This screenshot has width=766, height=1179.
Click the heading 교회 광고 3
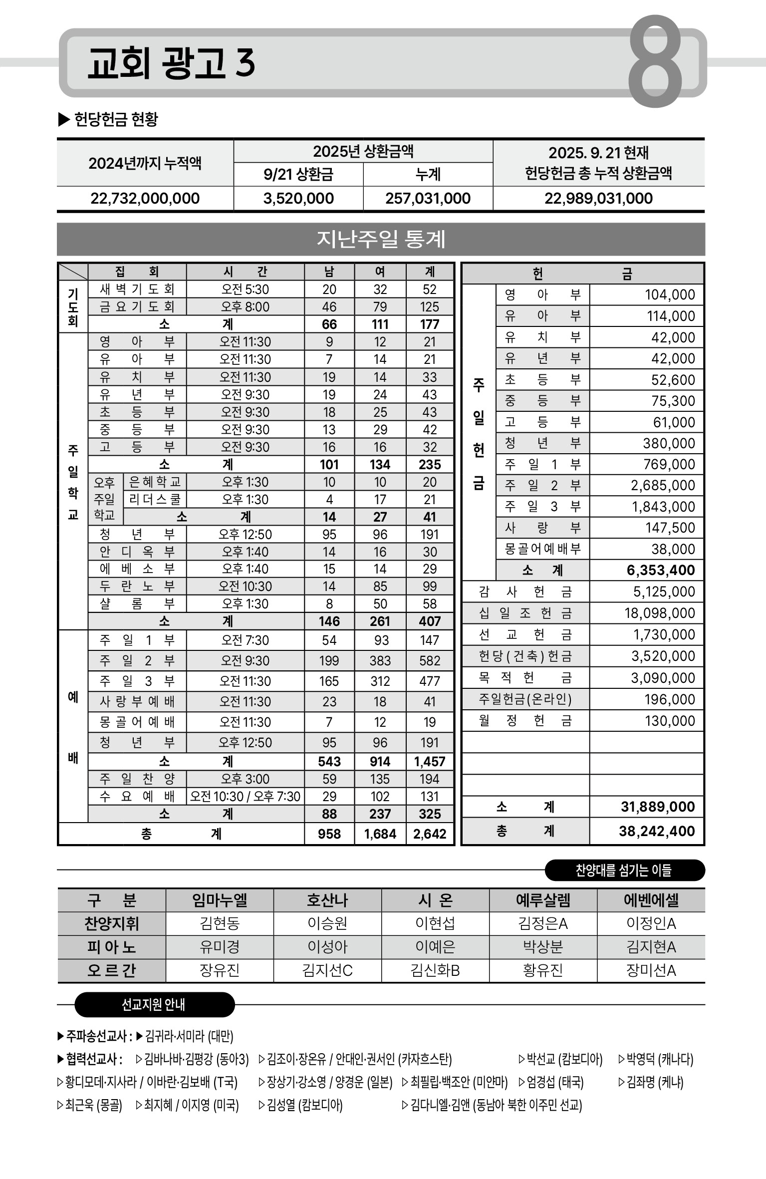click(x=171, y=63)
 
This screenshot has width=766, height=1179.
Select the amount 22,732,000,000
click(x=145, y=199)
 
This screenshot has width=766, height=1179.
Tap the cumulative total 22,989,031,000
click(x=598, y=199)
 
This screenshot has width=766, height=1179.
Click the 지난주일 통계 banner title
click(x=381, y=240)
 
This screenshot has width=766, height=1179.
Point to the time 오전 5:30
click(x=245, y=290)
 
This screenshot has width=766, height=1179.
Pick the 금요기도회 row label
click(x=137, y=307)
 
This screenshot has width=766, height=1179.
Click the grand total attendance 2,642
click(x=430, y=834)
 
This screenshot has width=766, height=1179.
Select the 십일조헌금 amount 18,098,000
click(x=660, y=613)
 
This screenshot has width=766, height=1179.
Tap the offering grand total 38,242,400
click(x=657, y=831)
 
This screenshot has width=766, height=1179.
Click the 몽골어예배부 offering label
click(x=542, y=549)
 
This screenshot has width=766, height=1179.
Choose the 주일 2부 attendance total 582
click(x=430, y=661)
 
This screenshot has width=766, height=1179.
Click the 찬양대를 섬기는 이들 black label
click(x=624, y=871)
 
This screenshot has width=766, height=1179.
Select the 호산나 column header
click(x=327, y=900)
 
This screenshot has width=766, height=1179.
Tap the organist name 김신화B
click(x=435, y=970)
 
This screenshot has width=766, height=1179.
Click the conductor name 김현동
click(x=220, y=923)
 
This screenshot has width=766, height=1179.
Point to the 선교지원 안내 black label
click(x=154, y=1005)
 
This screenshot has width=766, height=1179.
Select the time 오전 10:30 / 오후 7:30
click(x=245, y=797)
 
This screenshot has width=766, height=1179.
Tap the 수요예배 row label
click(x=137, y=797)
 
